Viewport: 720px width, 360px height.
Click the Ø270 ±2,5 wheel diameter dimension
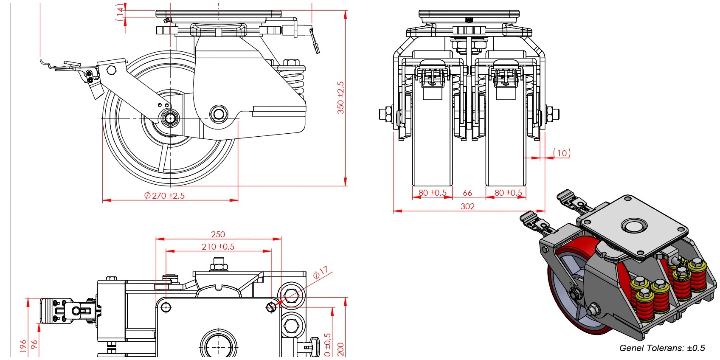coord(165,195)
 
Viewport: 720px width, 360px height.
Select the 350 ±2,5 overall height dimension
coord(341,98)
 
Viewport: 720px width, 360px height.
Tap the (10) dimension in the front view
coord(562,153)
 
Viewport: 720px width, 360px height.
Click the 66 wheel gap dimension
coord(467,193)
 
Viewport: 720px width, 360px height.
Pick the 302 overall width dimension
coord(467,206)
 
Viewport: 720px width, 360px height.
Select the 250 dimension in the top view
coord(218,234)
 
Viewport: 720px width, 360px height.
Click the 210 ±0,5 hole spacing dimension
coord(218,247)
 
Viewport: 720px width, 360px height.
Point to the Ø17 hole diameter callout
coord(321,272)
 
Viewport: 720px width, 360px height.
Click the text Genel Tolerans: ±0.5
coord(662,348)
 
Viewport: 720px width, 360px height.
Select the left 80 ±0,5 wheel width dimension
coord(432,193)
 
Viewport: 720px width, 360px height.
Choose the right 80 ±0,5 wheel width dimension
coord(508,193)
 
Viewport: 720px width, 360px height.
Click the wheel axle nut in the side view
coord(170,118)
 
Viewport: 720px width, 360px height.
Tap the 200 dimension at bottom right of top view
coord(341,349)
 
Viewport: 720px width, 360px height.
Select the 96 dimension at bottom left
coord(34,345)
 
